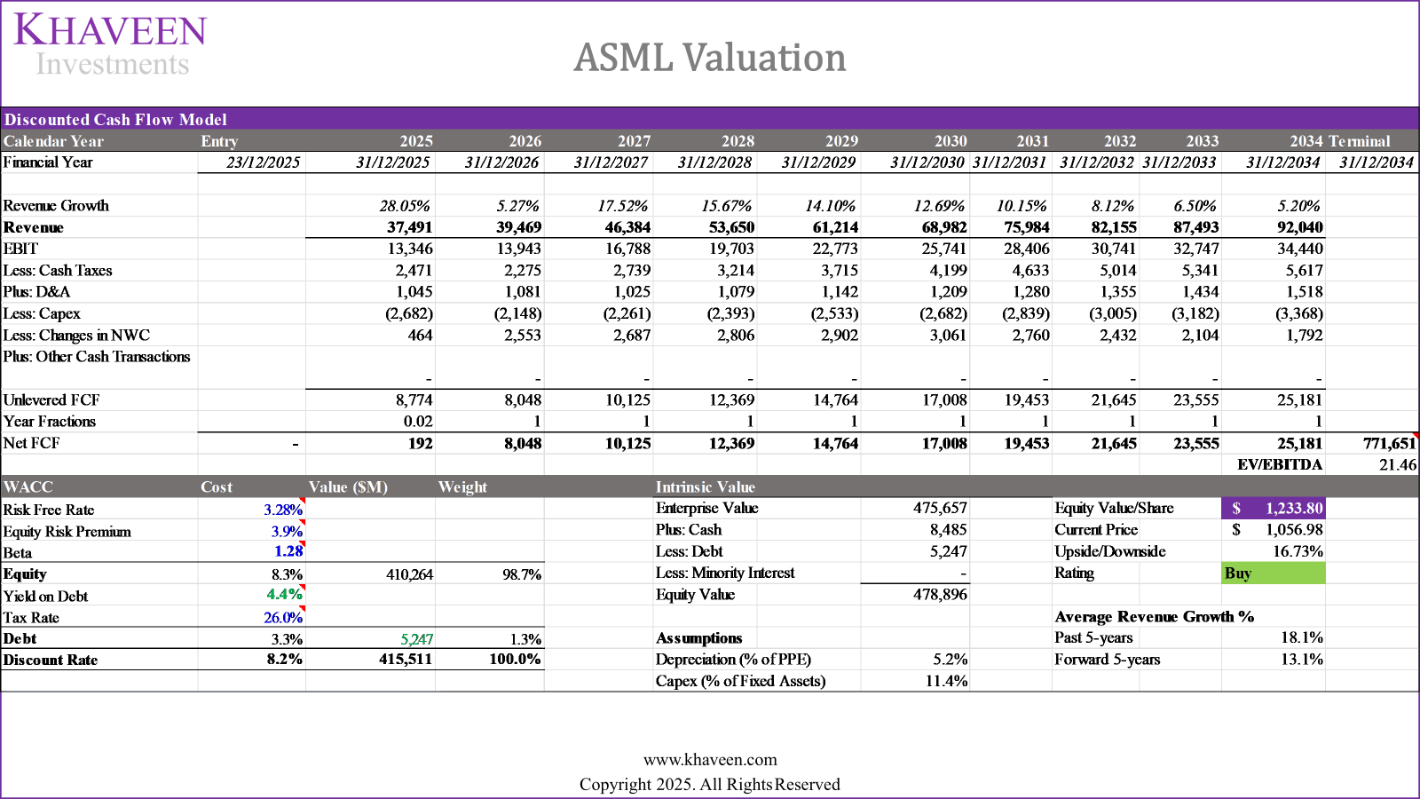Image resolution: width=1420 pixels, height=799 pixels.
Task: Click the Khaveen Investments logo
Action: point(110,44)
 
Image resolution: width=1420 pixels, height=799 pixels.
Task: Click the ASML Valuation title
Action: point(710,58)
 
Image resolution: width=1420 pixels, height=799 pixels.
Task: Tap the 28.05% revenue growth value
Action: point(405,206)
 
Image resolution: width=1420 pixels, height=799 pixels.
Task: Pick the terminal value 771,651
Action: point(1389,443)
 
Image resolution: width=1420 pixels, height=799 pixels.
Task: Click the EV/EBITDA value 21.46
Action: point(1397,465)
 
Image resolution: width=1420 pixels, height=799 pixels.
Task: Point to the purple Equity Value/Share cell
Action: point(1274,508)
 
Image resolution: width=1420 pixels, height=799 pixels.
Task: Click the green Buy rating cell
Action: point(1274,574)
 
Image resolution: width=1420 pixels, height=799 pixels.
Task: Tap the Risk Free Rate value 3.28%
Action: point(282,510)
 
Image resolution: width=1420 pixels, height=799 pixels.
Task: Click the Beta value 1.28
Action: point(288,552)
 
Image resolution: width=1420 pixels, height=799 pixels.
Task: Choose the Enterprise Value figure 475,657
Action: point(940,508)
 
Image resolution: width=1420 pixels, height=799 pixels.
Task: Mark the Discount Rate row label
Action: point(51,660)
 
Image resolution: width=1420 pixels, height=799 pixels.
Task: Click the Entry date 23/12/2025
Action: point(263,162)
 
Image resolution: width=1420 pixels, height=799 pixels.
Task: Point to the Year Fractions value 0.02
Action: point(418,422)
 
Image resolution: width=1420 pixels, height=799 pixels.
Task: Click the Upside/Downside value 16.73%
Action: point(1298,551)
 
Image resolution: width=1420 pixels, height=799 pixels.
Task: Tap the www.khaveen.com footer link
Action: point(710,760)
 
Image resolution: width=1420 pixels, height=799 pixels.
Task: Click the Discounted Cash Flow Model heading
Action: point(115,120)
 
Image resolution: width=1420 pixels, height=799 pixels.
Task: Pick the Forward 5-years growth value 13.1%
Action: point(1301,660)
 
